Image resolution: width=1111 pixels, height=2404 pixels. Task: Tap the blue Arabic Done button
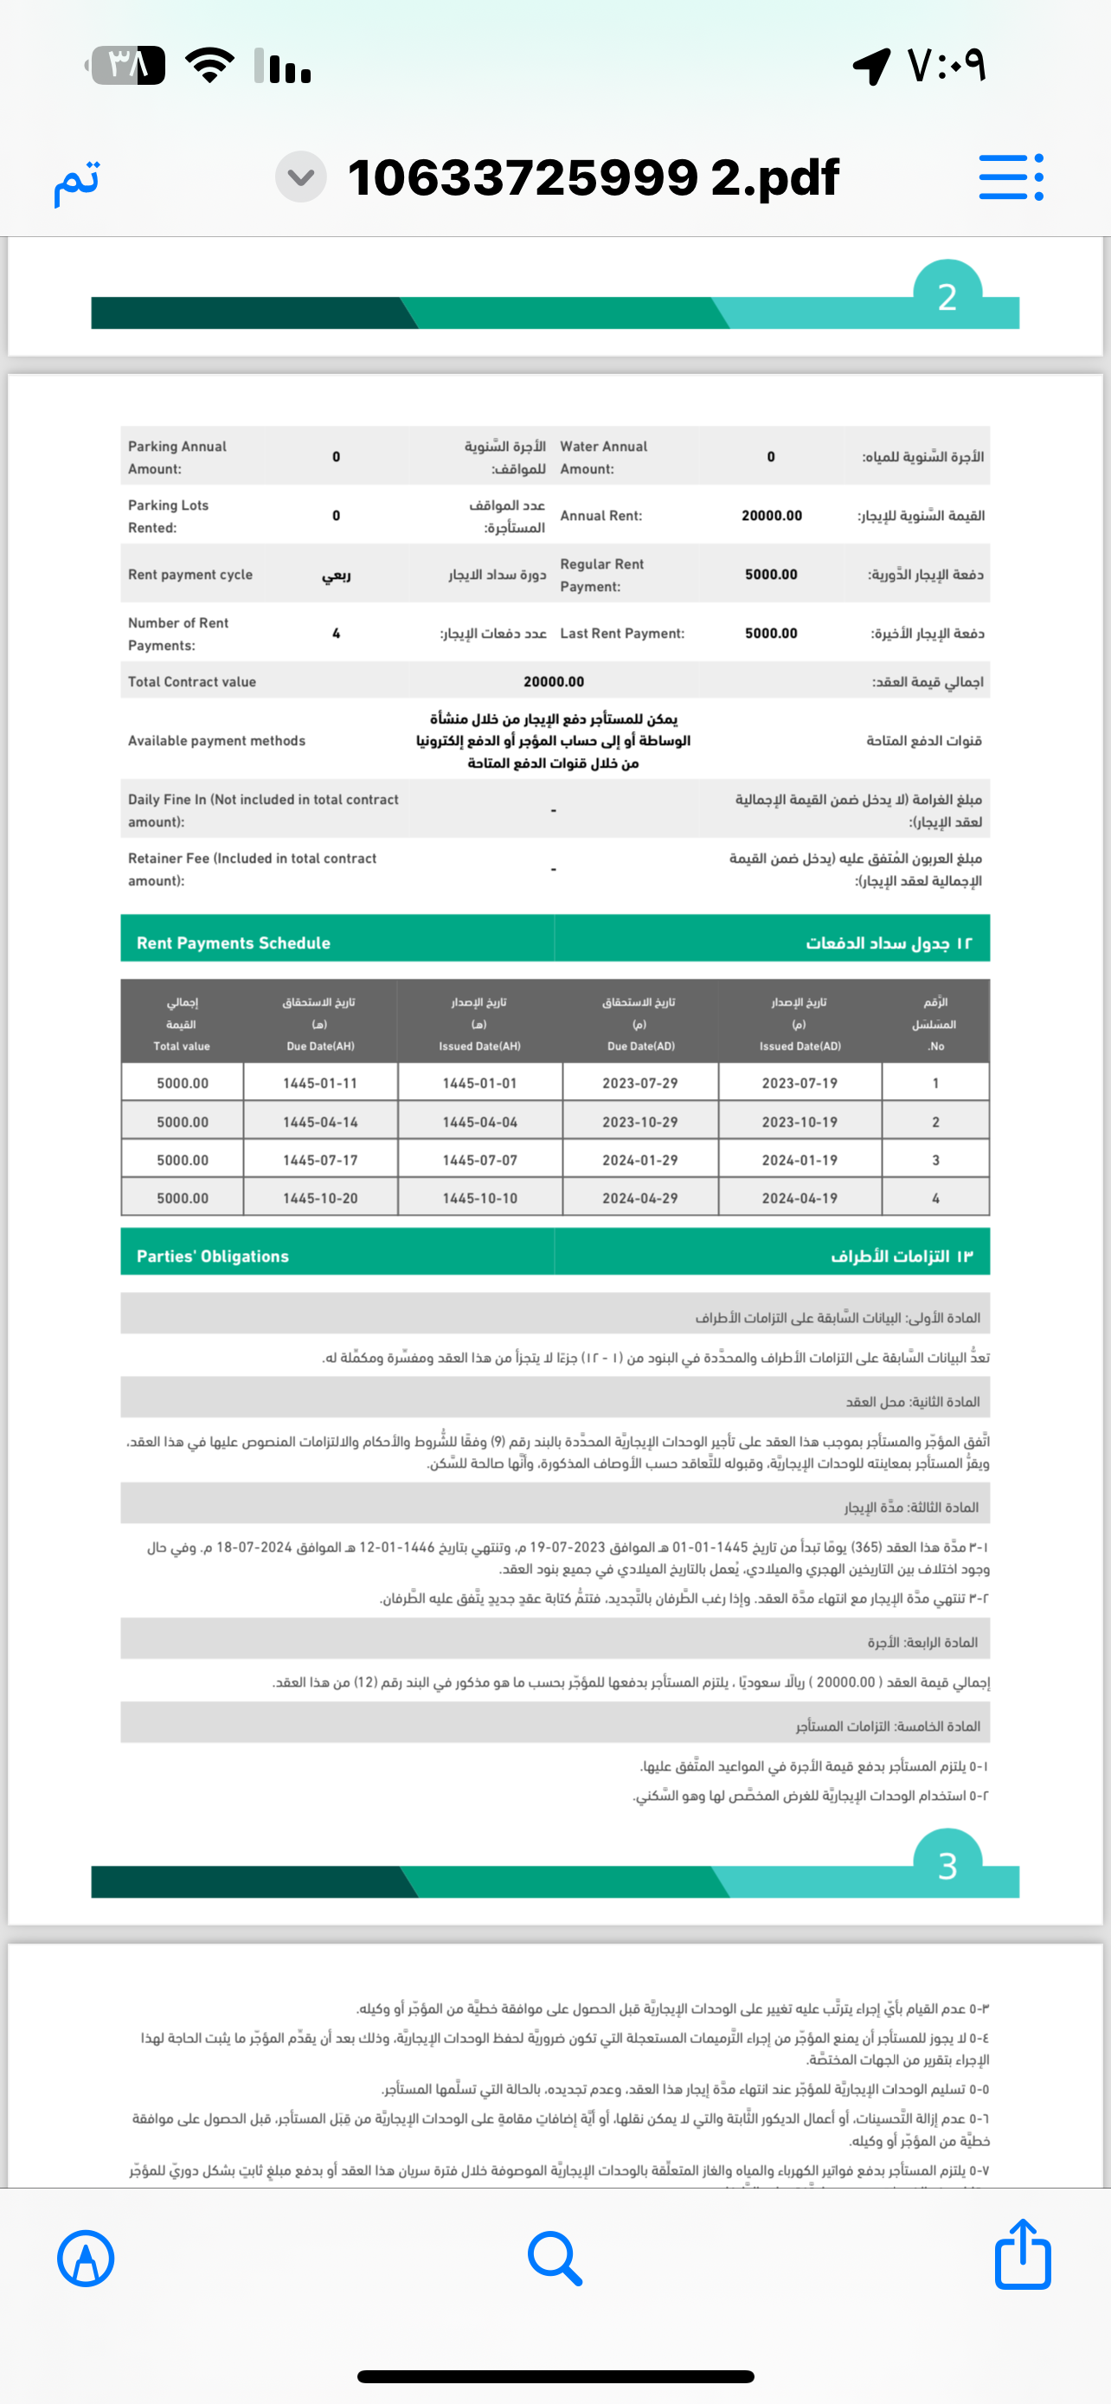click(76, 179)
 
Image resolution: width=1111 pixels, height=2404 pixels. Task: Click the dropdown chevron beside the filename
click(300, 177)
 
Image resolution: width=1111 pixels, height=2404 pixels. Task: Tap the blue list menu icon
click(1011, 177)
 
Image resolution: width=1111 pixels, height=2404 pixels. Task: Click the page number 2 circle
click(947, 296)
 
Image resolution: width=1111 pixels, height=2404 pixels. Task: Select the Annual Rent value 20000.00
click(772, 515)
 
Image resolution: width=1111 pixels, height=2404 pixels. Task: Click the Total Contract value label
click(192, 681)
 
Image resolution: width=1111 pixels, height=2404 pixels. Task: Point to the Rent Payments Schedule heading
click(234, 942)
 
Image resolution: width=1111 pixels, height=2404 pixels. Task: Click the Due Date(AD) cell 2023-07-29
click(640, 1083)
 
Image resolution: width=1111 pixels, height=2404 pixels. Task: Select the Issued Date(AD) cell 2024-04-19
click(800, 1198)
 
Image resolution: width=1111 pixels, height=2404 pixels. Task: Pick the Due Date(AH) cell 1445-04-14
click(320, 1122)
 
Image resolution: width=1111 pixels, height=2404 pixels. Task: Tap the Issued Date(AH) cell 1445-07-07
click(479, 1160)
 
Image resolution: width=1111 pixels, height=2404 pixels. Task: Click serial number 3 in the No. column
click(935, 1160)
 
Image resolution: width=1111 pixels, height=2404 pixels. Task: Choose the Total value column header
click(182, 1024)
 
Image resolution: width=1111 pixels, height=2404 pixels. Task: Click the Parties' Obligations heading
click(213, 1257)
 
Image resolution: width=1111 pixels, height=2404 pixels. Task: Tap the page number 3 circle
click(947, 1866)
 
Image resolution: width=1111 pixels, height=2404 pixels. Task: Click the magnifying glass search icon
click(555, 2259)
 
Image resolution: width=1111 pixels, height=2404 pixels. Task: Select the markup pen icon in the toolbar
click(86, 2259)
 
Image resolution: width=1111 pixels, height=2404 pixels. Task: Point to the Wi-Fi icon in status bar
click(210, 65)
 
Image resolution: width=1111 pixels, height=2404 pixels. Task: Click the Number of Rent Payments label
click(178, 633)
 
